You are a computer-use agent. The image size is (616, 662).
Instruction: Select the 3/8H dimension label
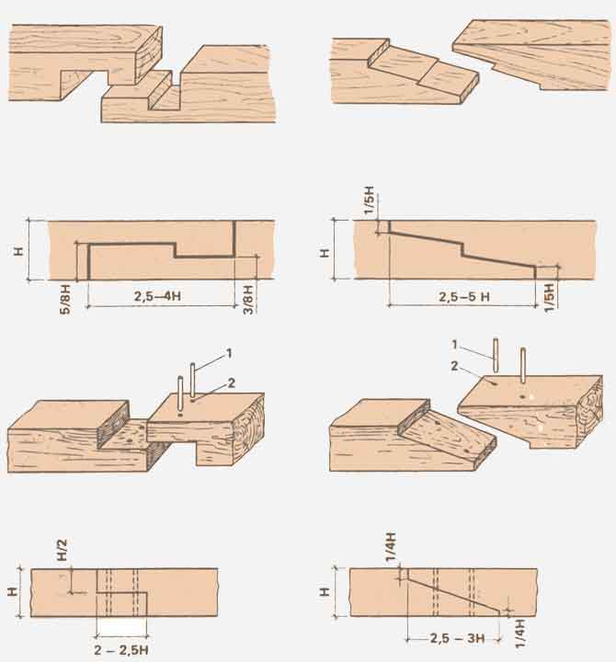click(248, 300)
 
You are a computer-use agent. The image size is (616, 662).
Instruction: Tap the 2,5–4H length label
click(157, 296)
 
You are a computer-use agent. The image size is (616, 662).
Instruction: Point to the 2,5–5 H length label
click(464, 297)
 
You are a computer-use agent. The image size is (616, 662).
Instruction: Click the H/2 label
click(63, 549)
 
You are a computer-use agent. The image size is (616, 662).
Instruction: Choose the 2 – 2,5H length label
click(121, 650)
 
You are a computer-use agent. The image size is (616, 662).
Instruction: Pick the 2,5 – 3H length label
click(457, 638)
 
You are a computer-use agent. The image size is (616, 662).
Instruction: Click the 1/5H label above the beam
click(369, 200)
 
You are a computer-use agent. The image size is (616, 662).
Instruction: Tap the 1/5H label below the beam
click(549, 298)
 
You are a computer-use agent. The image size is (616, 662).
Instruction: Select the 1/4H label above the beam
click(391, 547)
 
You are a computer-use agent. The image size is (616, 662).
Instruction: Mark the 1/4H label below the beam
click(520, 633)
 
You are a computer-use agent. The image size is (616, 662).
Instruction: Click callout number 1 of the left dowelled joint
click(229, 353)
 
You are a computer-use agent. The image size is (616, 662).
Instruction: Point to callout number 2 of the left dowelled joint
click(231, 382)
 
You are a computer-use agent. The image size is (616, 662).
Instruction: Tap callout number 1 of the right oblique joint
click(454, 345)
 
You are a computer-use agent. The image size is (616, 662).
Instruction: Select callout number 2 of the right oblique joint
click(454, 366)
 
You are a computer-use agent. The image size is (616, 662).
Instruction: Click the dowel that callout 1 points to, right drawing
click(496, 356)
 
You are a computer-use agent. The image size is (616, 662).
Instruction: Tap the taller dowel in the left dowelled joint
click(192, 380)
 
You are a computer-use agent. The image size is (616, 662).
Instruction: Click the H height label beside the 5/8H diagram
click(18, 251)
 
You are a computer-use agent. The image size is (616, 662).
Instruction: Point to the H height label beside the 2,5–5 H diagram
click(324, 253)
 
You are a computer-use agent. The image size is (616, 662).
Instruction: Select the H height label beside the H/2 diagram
click(13, 591)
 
